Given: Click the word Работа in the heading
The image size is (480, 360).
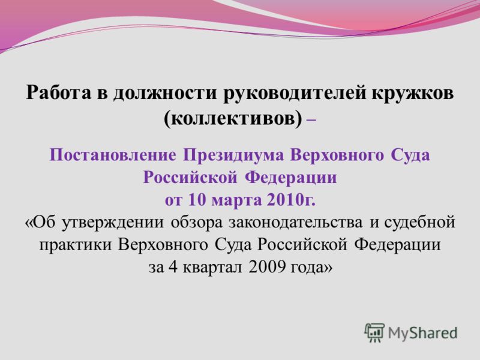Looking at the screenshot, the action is [x=58, y=92].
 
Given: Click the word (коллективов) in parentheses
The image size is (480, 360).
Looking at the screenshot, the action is [x=233, y=118].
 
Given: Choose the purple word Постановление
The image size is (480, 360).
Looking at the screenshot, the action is [x=113, y=155].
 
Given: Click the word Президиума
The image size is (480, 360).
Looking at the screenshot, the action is [x=233, y=156].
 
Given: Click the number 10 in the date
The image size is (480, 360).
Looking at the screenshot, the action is [x=196, y=200].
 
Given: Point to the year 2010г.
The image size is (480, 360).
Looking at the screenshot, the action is [x=291, y=200].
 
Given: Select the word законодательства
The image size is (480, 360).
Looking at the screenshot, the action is [x=295, y=223].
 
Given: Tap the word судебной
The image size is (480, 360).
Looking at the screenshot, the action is [x=419, y=223].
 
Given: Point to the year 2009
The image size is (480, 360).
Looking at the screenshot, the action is [x=267, y=267].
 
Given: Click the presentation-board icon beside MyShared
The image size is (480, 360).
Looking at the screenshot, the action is [x=374, y=333].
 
